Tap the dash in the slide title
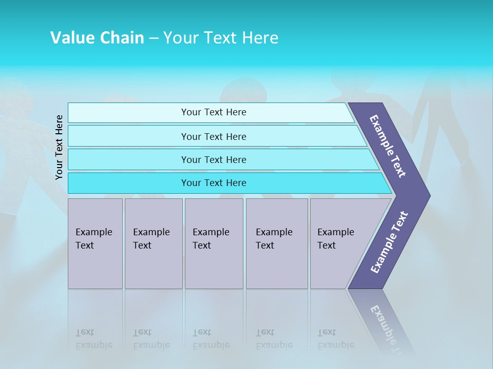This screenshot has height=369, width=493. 154,38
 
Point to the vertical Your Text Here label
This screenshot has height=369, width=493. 59,147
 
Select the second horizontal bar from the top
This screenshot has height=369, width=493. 214,136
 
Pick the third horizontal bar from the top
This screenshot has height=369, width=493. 214,159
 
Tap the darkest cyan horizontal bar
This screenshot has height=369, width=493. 214,183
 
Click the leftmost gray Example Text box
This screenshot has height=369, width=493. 95,243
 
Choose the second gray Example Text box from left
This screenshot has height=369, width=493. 154,243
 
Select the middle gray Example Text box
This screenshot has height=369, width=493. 214,243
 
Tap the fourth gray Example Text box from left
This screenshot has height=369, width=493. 277,243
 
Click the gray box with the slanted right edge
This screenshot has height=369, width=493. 339,243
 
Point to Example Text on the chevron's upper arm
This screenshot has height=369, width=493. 388,146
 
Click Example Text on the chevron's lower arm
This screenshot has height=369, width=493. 389,242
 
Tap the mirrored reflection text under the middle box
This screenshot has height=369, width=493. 211,339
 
